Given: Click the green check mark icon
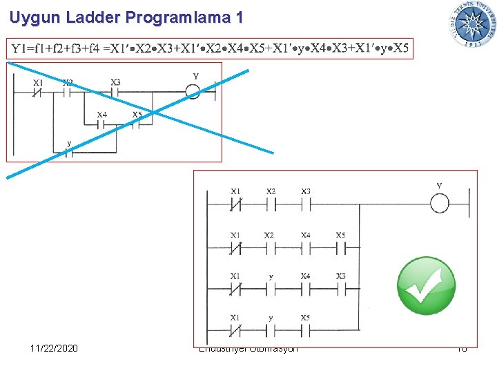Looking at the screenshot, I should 426,285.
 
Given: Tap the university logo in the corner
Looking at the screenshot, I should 473,24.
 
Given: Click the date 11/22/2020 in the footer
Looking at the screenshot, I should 54,347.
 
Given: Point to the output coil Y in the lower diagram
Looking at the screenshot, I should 440,204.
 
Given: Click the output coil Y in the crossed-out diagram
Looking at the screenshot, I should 193,91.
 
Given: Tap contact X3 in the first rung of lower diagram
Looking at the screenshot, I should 305,204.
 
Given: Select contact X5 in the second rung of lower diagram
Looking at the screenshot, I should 341,247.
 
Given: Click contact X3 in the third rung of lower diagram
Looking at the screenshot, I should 341,289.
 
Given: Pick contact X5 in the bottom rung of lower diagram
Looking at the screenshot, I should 305,329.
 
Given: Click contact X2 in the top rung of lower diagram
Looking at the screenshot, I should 271,204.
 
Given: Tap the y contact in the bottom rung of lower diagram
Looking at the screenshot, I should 271,329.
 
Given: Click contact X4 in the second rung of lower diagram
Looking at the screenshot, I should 305,247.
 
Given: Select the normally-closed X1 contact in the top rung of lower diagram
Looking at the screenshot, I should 236,204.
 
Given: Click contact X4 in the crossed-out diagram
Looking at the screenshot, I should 101,124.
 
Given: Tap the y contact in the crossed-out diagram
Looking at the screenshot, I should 68,152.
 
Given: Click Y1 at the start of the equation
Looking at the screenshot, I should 21,48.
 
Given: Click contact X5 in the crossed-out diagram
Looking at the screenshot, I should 137,124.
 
